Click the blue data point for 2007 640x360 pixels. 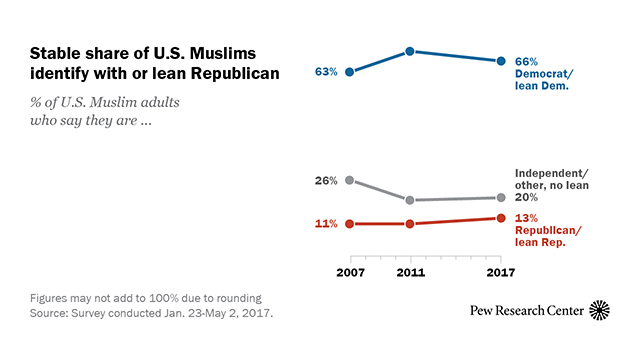pos(349,72)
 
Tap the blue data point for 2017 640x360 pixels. pos(500,61)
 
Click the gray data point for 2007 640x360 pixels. pos(349,180)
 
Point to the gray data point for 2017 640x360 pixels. pos(500,198)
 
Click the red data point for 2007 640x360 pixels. pos(349,224)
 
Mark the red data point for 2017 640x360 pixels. pos(500,218)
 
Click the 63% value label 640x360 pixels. pos(326,72)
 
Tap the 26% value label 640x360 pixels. pos(326,180)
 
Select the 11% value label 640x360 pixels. pos(326,224)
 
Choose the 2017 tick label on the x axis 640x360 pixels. pos(500,274)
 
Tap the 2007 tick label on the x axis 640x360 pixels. pos(349,274)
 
